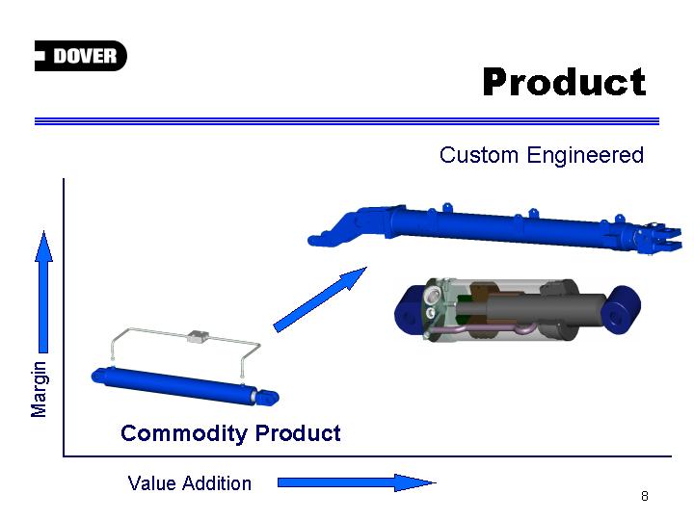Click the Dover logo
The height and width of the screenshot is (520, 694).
[81, 56]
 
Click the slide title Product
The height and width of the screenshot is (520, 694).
[564, 82]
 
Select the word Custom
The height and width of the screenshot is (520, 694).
[479, 155]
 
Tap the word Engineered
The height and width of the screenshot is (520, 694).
[585, 155]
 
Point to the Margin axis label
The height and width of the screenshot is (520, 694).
[39, 389]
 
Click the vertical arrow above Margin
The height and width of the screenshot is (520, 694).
[43, 292]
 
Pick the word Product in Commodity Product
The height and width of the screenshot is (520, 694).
[298, 433]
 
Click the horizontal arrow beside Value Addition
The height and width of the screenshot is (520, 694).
[357, 482]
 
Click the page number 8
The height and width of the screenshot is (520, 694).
[645, 496]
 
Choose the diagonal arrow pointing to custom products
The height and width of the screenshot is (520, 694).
[320, 299]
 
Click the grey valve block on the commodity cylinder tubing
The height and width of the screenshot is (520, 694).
[198, 336]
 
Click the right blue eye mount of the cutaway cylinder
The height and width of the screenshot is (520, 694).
[622, 309]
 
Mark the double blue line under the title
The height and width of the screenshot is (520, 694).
[347, 121]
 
